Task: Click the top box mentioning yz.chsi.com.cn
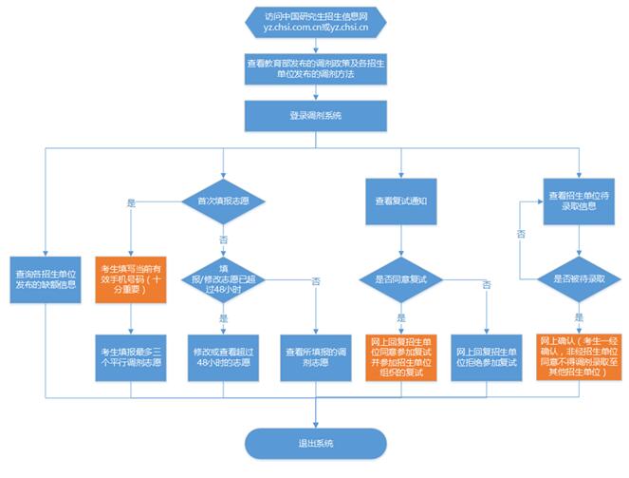(x=315, y=23)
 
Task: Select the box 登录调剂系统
(x=315, y=116)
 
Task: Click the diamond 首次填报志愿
(x=224, y=201)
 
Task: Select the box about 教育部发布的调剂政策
(x=315, y=68)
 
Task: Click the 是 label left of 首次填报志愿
(x=130, y=201)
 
